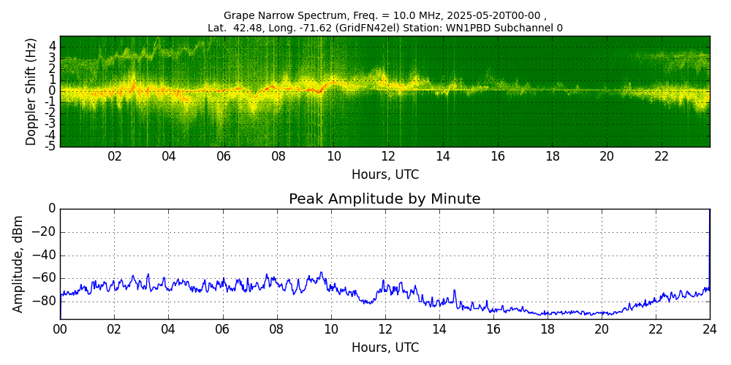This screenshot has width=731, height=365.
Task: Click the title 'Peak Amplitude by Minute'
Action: [385, 199]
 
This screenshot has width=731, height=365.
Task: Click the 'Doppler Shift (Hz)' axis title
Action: [31, 91]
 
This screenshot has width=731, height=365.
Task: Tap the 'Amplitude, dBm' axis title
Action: [19, 264]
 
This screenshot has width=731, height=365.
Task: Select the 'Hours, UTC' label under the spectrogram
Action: [385, 175]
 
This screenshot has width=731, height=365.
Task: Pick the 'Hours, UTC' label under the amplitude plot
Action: [385, 347]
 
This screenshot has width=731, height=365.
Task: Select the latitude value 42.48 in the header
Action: [249, 28]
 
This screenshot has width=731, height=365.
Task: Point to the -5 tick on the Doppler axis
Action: [51, 146]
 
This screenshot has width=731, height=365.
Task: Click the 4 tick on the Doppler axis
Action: [53, 45]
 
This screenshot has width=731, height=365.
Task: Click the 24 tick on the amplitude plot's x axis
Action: [709, 329]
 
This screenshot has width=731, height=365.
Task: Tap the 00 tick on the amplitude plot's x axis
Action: [60, 329]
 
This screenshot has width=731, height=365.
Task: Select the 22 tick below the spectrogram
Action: [662, 157]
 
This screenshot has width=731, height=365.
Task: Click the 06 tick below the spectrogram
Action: [224, 157]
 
